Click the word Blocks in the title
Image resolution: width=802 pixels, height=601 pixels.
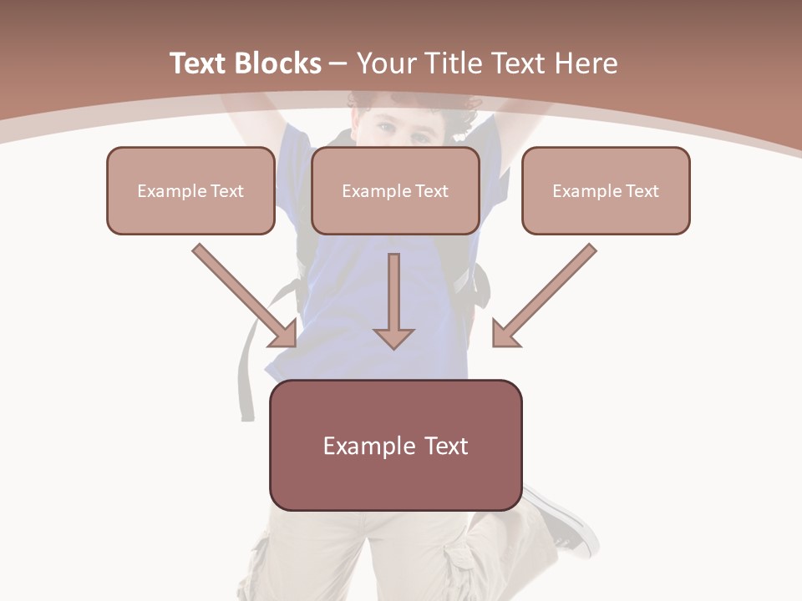(277, 63)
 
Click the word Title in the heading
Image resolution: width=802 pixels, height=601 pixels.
(455, 63)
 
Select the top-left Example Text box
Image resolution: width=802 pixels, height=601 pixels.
(190, 191)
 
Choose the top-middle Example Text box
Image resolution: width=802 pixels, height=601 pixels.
(395, 191)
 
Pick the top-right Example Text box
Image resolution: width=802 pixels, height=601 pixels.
(606, 191)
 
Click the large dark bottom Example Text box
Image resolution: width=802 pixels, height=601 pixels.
(396, 446)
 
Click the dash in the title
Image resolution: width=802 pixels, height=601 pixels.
(338, 63)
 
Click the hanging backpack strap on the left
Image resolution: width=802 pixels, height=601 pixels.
(246, 376)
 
